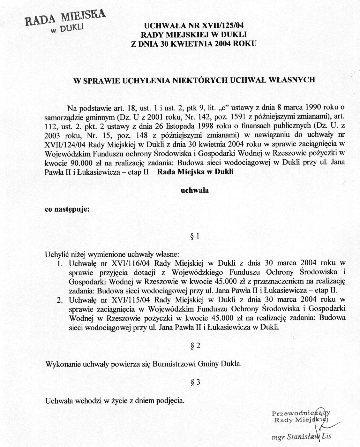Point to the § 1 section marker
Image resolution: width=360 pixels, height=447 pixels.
[195, 237]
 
